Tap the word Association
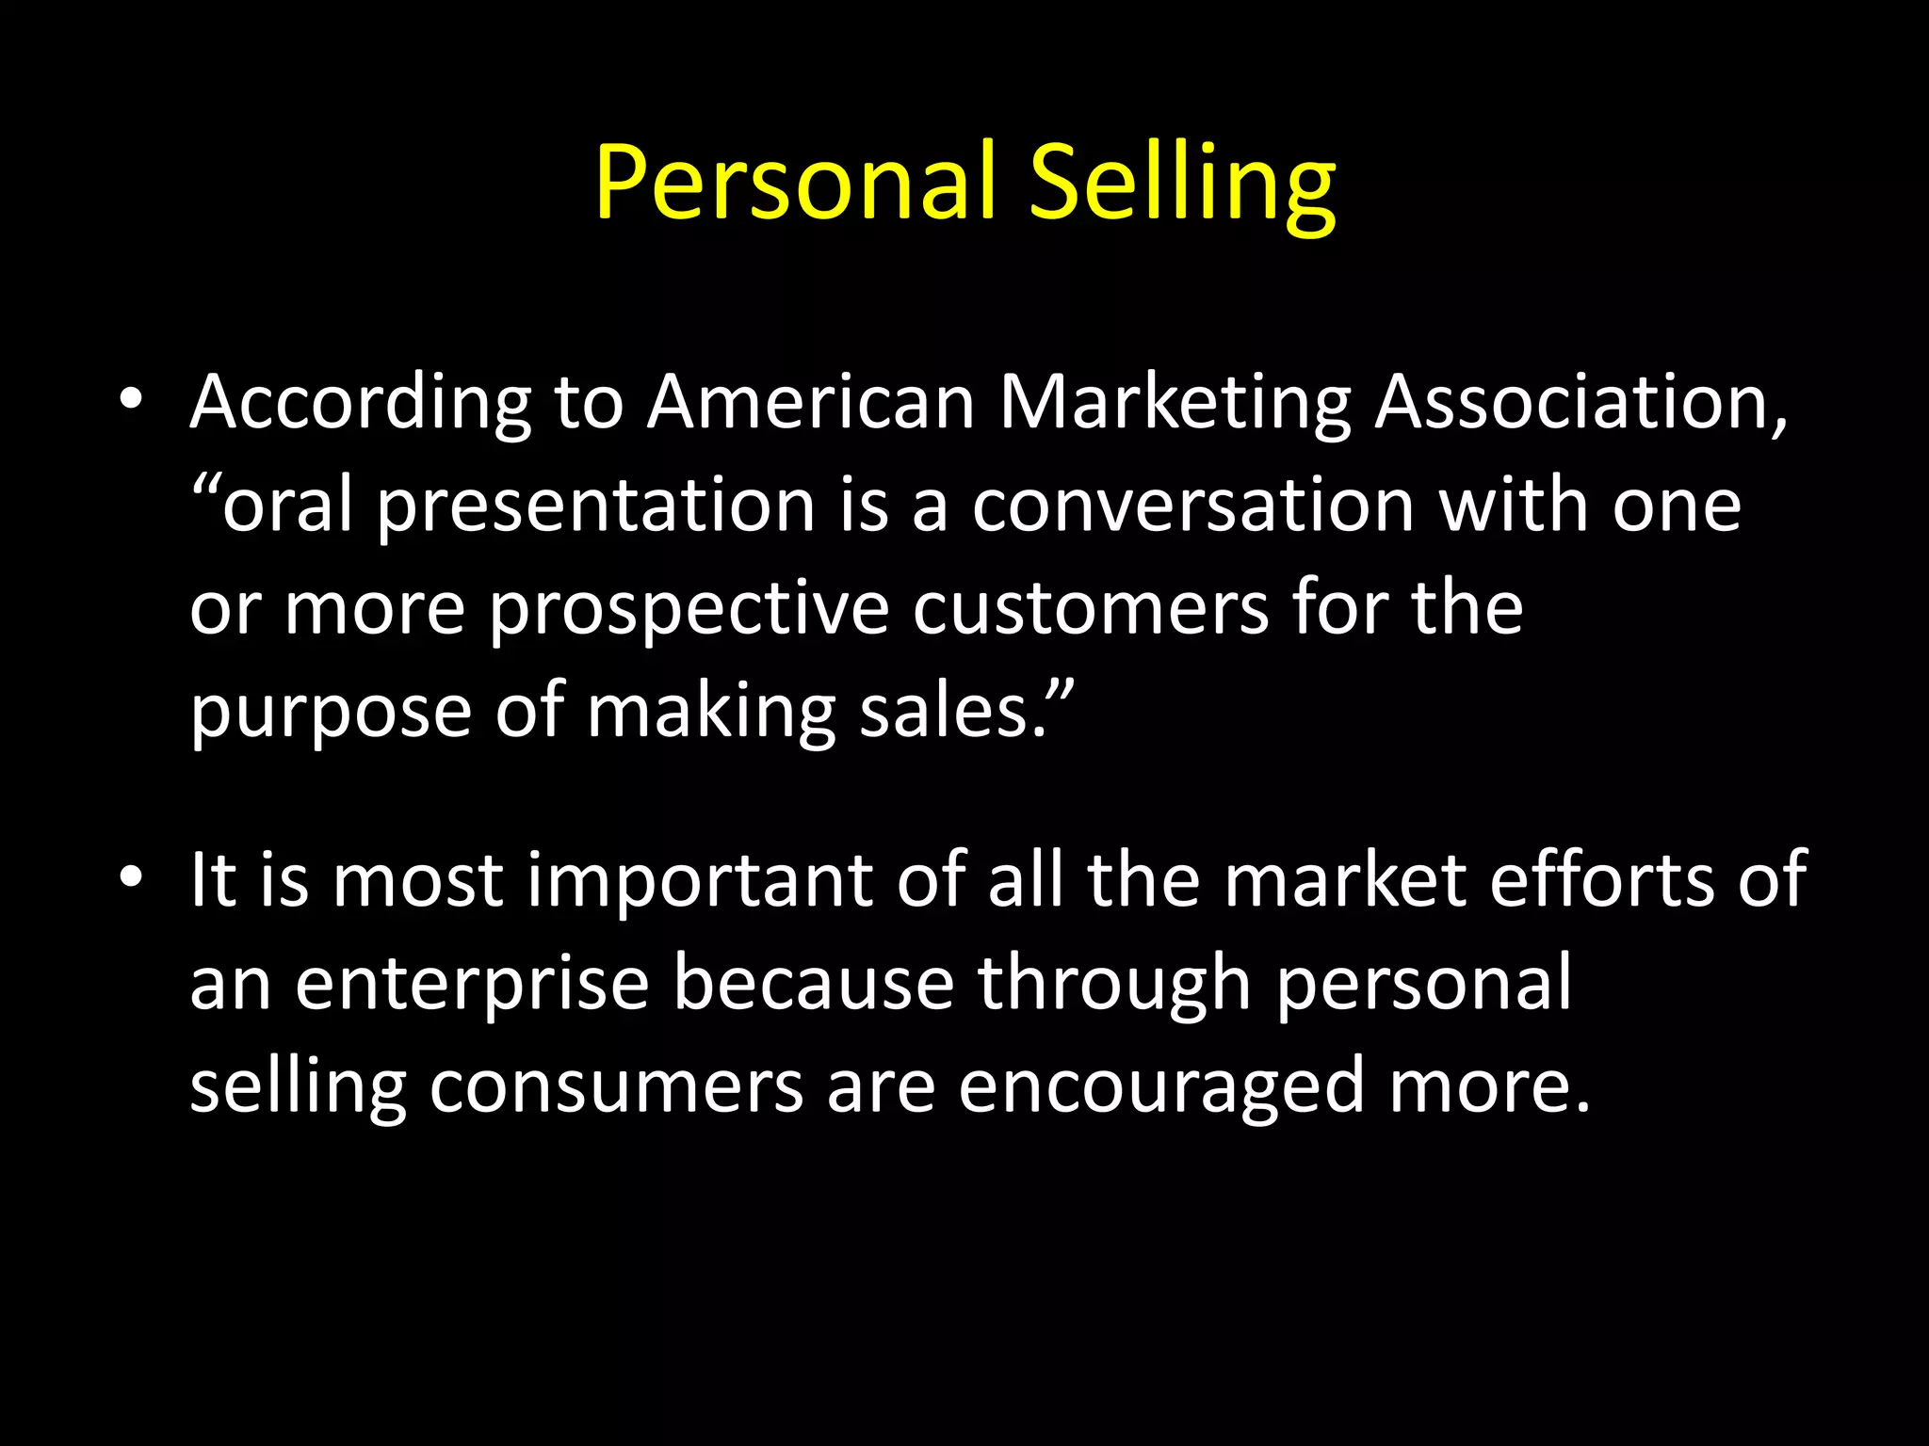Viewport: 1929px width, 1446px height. (x=1580, y=403)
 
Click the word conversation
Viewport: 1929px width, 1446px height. (x=1192, y=506)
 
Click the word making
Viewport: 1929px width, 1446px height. (x=711, y=714)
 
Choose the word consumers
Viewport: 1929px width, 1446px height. (x=616, y=1086)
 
